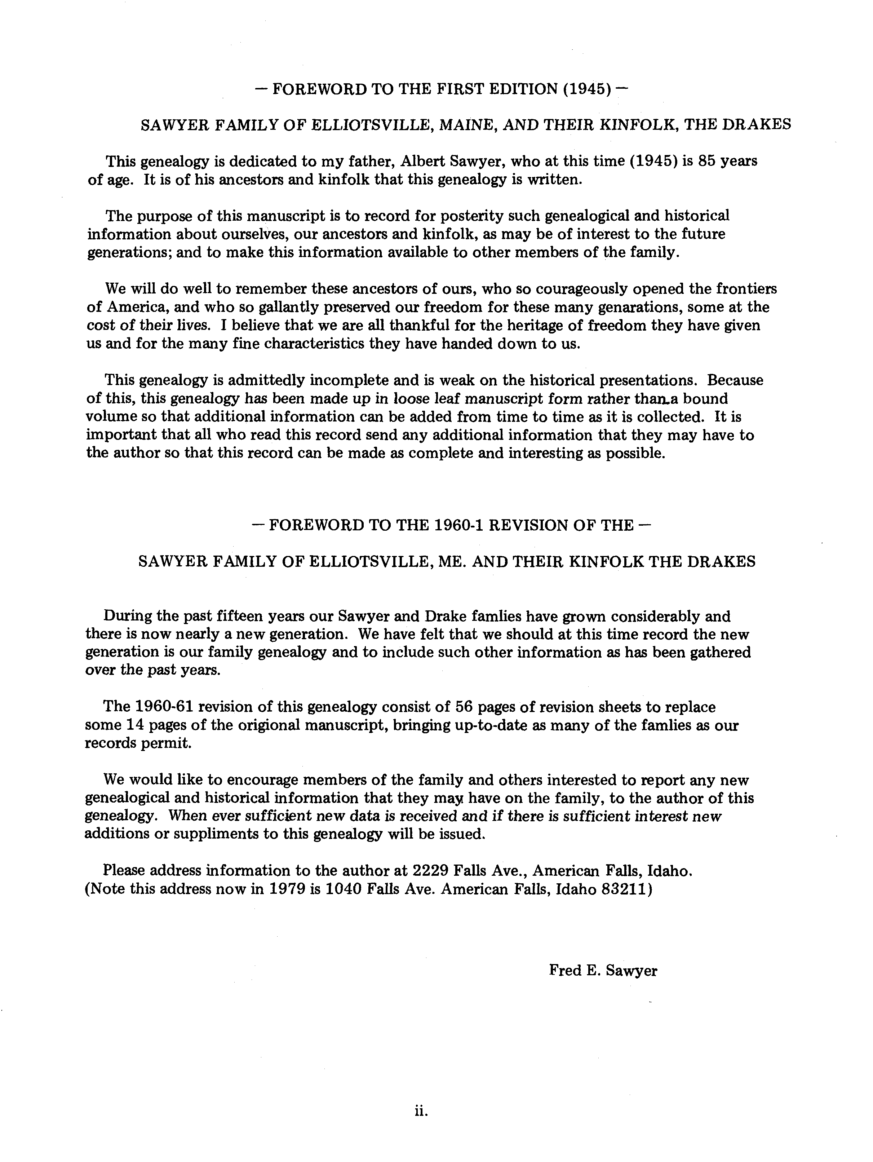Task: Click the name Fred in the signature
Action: point(563,970)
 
